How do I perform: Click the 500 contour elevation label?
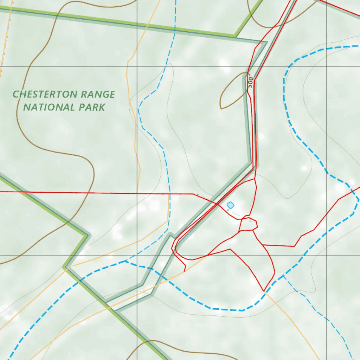(250, 82)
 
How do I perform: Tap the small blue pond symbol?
(230, 205)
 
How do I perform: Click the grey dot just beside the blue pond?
(228, 210)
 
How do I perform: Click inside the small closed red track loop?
(248, 225)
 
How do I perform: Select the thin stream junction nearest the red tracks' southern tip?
(283, 276)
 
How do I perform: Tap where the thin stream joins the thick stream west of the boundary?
(126, 261)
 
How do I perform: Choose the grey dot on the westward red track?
(198, 194)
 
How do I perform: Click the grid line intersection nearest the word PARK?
(137, 66)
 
